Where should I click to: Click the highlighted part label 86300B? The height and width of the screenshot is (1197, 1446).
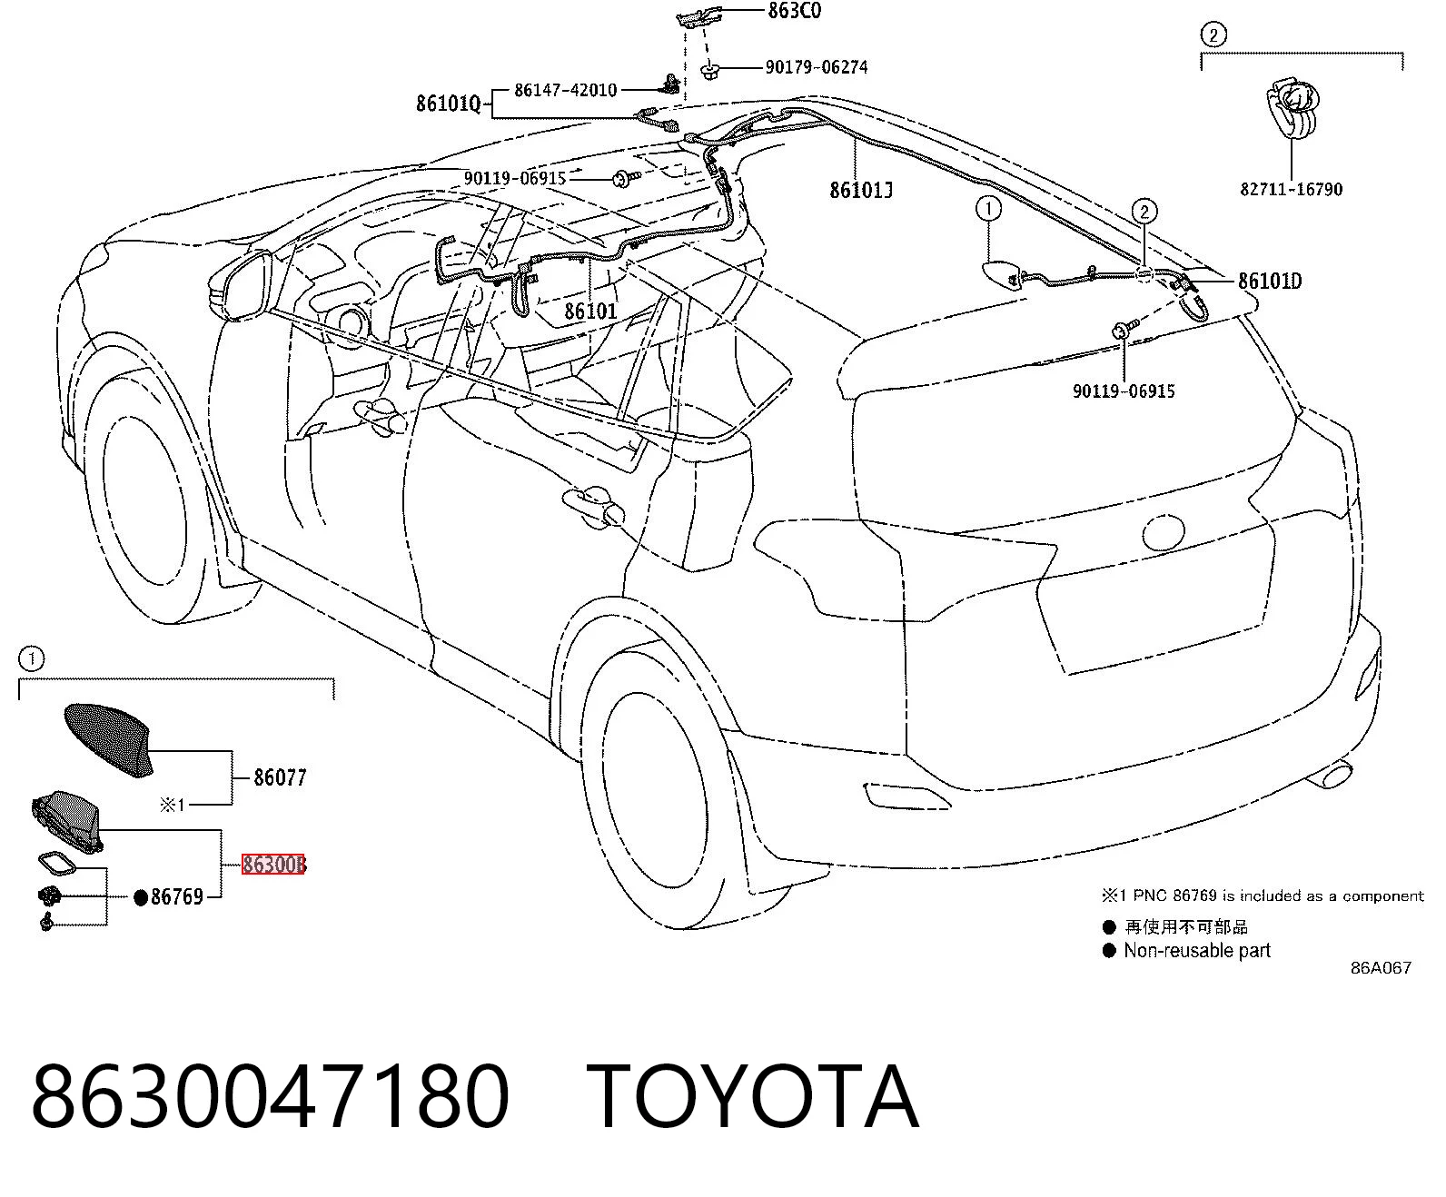[x=273, y=864]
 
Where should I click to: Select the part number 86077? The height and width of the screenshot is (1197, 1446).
[x=280, y=777]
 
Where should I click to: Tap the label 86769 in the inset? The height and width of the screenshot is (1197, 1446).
[x=177, y=897]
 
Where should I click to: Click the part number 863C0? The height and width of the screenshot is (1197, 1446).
[x=795, y=11]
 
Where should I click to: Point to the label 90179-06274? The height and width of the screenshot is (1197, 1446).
[x=817, y=67]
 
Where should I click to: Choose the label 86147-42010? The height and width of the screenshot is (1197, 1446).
[x=565, y=90]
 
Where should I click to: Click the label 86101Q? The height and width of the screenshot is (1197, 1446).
[x=448, y=104]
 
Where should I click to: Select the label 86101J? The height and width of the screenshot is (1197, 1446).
[x=861, y=190]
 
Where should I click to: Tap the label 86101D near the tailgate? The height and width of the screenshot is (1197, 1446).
[x=1270, y=281]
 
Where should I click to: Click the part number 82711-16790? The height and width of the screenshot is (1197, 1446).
[x=1291, y=189]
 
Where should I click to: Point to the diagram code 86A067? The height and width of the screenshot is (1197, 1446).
[x=1381, y=968]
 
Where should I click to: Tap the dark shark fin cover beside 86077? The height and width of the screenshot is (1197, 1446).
[x=109, y=740]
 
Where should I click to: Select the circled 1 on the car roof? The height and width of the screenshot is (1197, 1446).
[x=988, y=209]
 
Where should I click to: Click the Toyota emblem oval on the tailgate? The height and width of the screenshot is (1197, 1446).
[x=1164, y=533]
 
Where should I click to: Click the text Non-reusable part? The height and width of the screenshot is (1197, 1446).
[x=1197, y=950]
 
